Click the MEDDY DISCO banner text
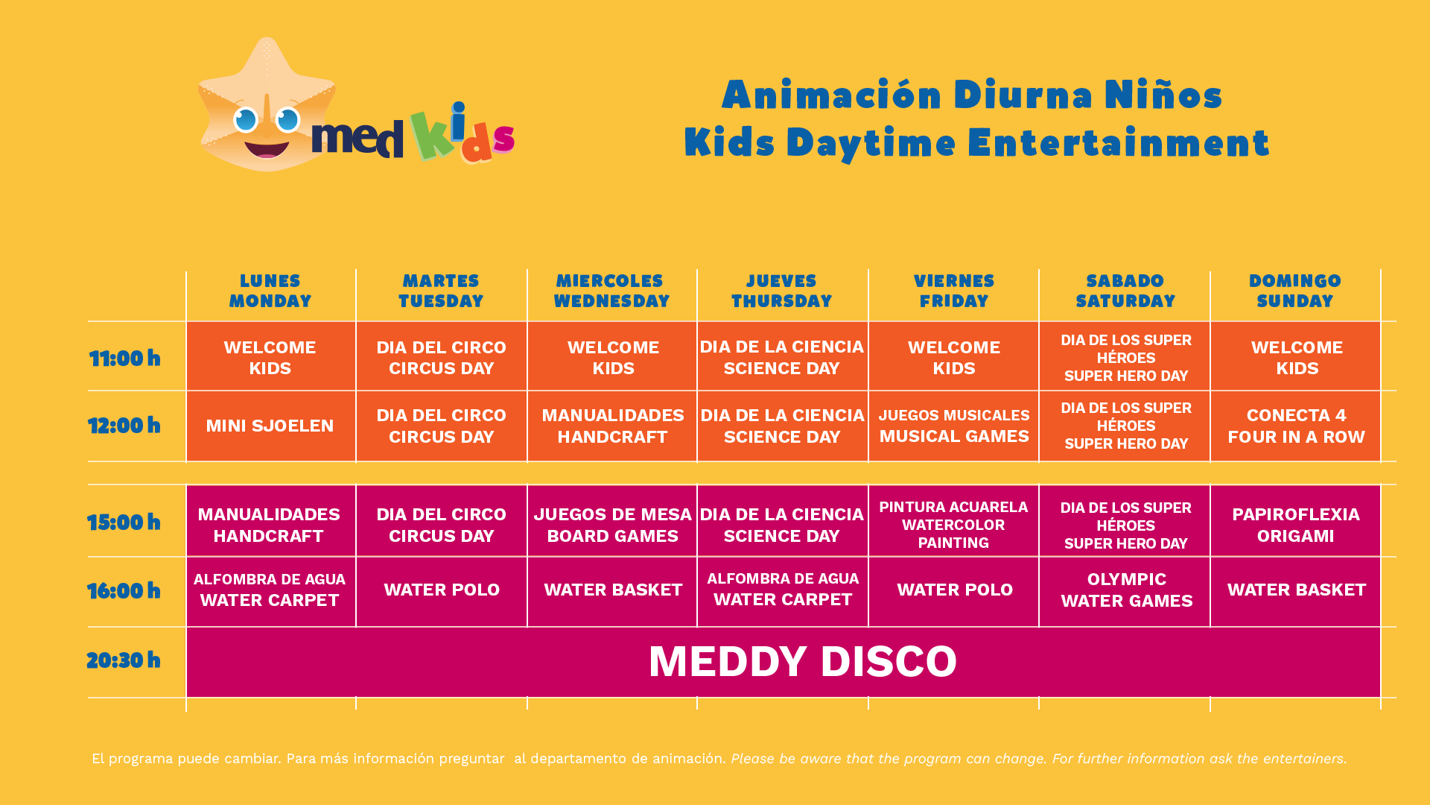click(x=802, y=661)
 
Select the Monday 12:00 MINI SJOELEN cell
click(x=271, y=426)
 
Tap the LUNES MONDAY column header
click(x=270, y=291)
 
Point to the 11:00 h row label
click(x=124, y=359)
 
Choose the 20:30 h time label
click(x=124, y=660)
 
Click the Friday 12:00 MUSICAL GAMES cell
click(x=953, y=426)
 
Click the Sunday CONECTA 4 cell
click(x=1295, y=426)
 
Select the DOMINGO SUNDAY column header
click(x=1295, y=291)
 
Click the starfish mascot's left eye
click(x=245, y=119)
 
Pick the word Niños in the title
click(x=1163, y=94)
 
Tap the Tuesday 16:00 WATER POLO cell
click(x=442, y=591)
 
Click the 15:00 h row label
click(x=124, y=523)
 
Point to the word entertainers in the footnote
click(x=1303, y=759)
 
